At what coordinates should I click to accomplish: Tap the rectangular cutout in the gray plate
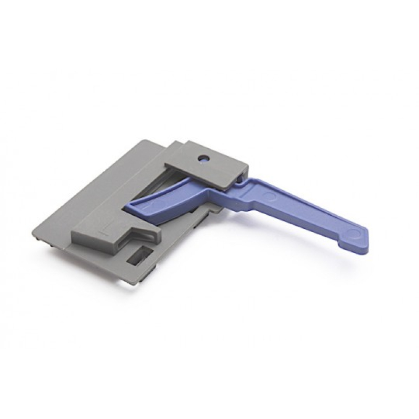click(x=140, y=255)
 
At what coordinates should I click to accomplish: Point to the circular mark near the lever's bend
click(x=269, y=196)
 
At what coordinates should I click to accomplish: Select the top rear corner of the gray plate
click(x=142, y=140)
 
